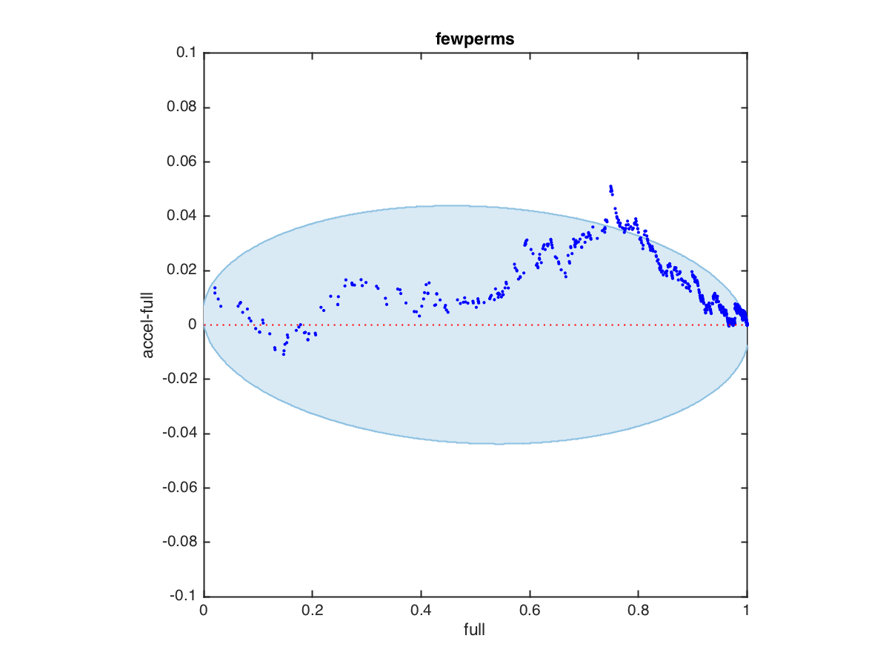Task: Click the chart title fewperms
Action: [475, 39]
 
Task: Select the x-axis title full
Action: [475, 631]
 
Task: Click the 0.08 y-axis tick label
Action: [180, 107]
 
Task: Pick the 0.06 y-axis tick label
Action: [180, 162]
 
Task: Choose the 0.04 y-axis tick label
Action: [180, 216]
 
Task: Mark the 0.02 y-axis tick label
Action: [180, 271]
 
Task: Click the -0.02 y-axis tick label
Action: [178, 379]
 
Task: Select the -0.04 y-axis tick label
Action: [178, 434]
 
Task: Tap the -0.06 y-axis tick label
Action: [178, 488]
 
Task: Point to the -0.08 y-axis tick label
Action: [178, 542]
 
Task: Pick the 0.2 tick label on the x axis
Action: [312, 611]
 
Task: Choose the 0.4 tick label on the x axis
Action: [421, 611]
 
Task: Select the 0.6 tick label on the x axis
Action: [530, 611]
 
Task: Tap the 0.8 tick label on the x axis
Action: [638, 611]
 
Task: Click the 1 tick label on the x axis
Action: [747, 611]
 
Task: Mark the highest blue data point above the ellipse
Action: [610, 187]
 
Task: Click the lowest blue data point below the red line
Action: [283, 354]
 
